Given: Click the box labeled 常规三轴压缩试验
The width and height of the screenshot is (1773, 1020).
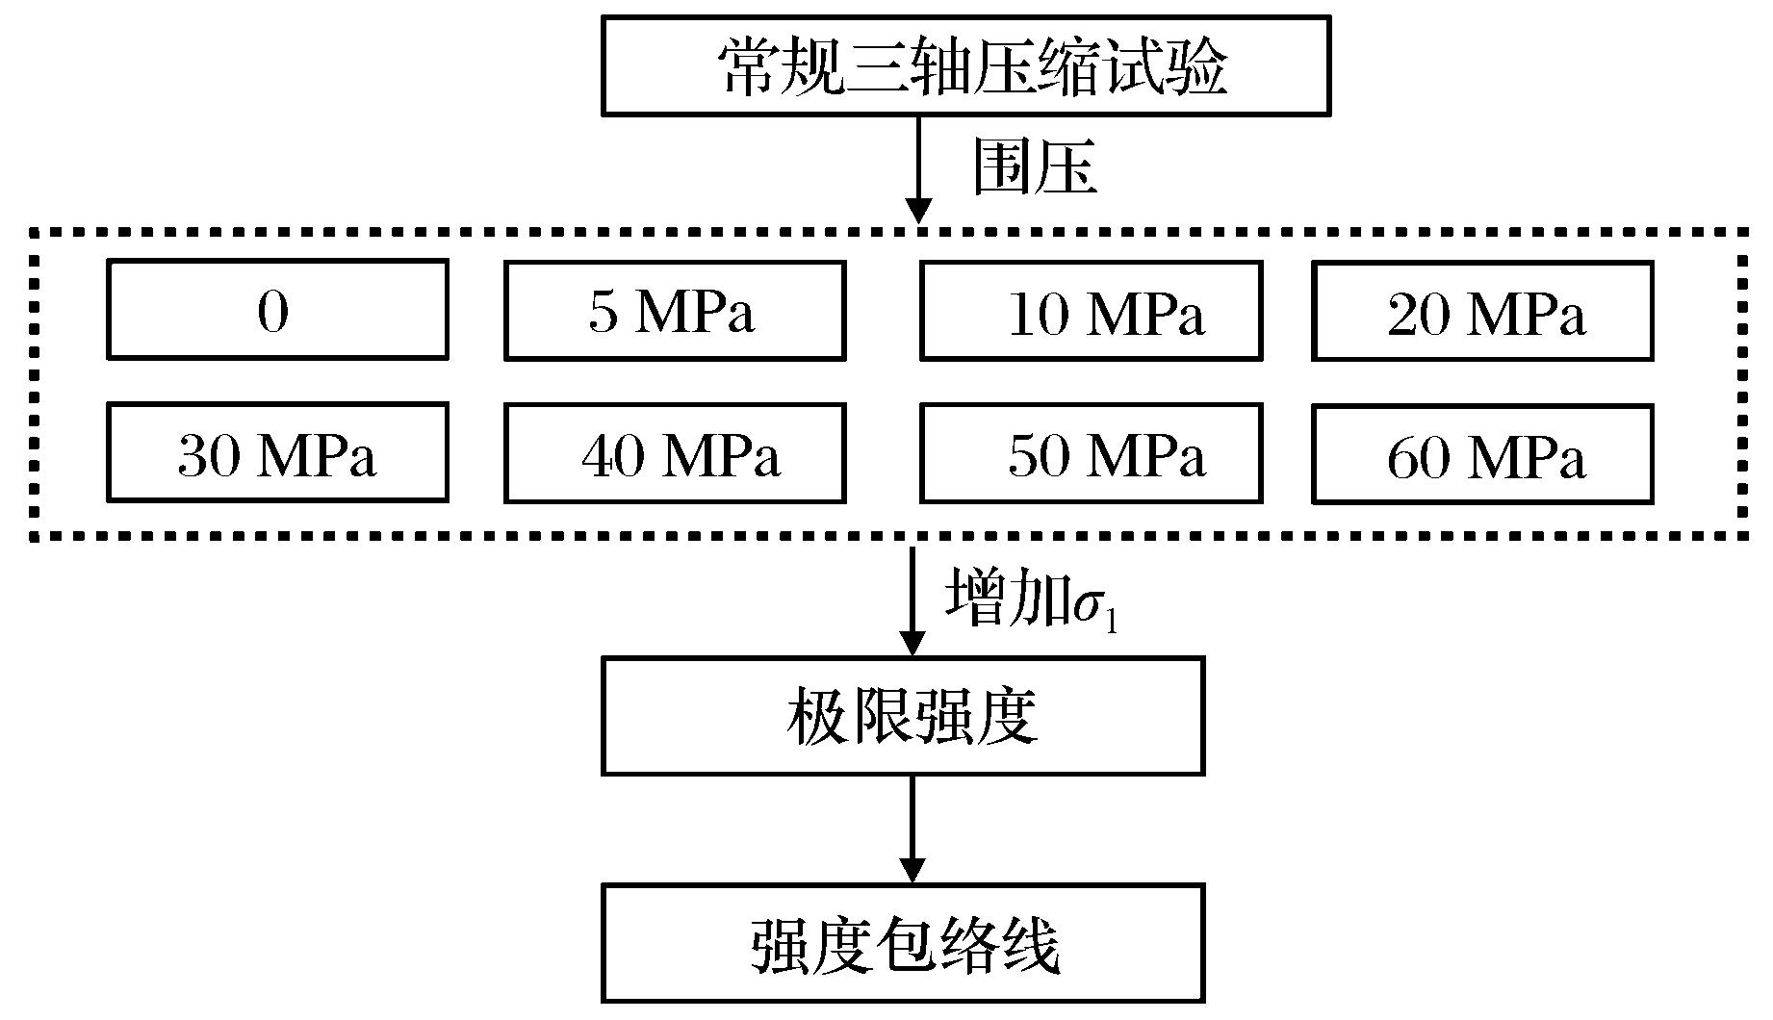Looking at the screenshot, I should pyautogui.click(x=965, y=66).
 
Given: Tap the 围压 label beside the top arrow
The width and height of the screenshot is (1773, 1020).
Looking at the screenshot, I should pyautogui.click(x=1034, y=166).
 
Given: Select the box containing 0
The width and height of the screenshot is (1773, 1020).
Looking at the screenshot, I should pyautogui.click(x=277, y=310).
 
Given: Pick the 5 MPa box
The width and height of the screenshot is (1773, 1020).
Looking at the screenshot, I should pyautogui.click(x=675, y=310).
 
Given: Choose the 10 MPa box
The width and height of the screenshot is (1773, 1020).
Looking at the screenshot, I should pyautogui.click(x=1091, y=311).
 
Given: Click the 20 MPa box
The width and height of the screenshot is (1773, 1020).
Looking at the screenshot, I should pyautogui.click(x=1482, y=311).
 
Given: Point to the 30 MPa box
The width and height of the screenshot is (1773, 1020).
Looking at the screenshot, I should pyautogui.click(x=277, y=453).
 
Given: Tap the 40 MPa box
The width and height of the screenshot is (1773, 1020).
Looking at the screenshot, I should pyautogui.click(x=675, y=453).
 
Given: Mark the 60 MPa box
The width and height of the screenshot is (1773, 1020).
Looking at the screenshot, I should pyautogui.click(x=1482, y=454).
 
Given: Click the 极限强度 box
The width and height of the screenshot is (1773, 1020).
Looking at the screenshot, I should pyautogui.click(x=903, y=716).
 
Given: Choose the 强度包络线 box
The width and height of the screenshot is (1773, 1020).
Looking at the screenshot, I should pyautogui.click(x=903, y=944).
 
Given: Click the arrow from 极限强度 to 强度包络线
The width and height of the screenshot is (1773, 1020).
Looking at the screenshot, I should pyautogui.click(x=911, y=828).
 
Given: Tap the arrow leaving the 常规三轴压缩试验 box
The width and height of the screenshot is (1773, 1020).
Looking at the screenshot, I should pyautogui.click(x=919, y=168).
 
